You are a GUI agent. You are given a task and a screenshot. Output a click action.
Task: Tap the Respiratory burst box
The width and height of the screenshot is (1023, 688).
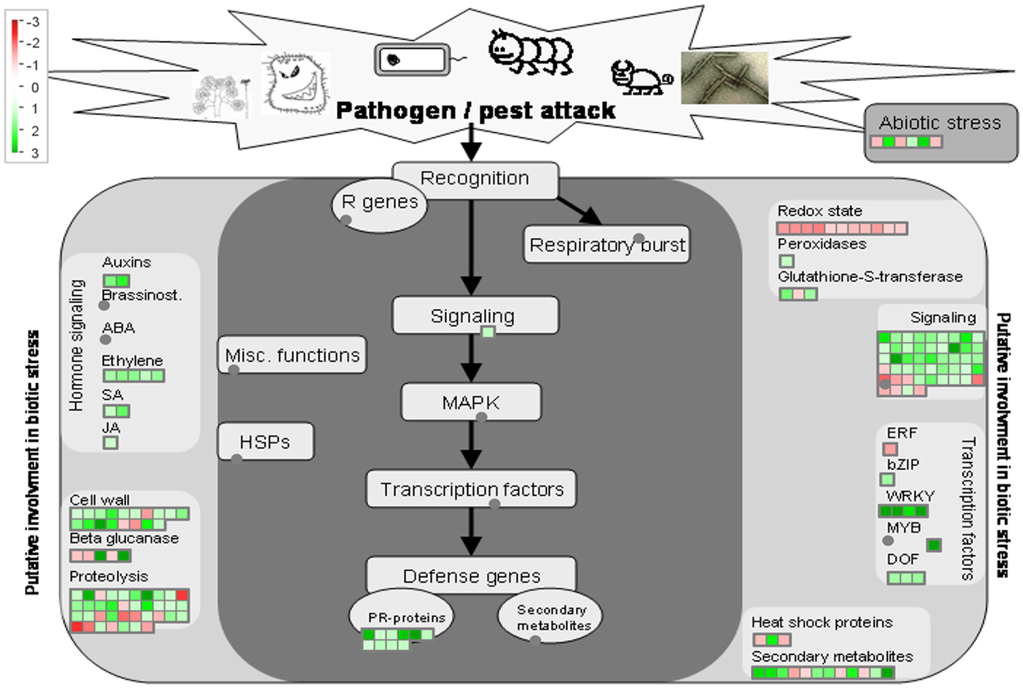tap(606, 245)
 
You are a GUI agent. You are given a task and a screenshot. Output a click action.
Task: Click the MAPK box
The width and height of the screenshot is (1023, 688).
tap(471, 402)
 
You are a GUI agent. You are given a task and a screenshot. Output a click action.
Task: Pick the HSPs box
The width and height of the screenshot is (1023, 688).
tap(265, 442)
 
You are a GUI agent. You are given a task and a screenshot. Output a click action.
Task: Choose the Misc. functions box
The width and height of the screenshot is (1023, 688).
tap(292, 355)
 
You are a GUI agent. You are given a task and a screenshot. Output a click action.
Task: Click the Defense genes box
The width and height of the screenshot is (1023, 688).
tap(471, 575)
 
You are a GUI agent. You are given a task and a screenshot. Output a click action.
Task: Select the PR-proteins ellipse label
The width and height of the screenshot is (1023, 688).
tap(406, 618)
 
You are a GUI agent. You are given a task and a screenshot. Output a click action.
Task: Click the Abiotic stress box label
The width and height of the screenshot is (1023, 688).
tap(939, 123)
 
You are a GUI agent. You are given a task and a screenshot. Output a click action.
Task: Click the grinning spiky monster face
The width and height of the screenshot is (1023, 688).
tap(296, 84)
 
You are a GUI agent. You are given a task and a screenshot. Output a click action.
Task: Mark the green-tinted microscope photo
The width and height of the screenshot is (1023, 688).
tap(725, 78)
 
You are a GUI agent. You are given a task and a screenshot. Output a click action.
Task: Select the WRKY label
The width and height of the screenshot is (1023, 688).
tap(910, 496)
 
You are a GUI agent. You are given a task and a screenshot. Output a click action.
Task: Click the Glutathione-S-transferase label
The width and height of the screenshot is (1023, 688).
tap(869, 277)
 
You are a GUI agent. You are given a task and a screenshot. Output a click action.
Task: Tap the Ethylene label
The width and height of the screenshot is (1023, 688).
tap(132, 361)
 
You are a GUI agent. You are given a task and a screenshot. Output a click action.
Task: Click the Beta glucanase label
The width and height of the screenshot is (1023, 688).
tap(124, 539)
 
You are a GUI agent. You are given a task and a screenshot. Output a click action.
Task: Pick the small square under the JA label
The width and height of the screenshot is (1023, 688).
tap(110, 443)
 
